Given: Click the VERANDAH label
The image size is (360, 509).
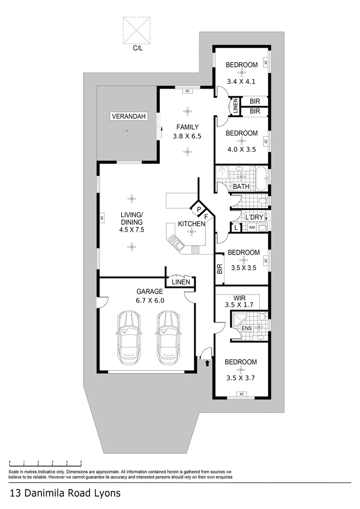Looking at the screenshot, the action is pos(129,116).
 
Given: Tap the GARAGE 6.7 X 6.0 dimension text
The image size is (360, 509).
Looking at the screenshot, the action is pos(150,301).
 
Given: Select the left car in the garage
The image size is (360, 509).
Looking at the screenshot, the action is pos(129,337).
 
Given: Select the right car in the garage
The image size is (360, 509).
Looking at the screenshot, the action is pos(167,337).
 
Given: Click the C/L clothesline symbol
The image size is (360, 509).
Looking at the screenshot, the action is pos(137,31).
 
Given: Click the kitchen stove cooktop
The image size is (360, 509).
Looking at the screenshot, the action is pos(196,249).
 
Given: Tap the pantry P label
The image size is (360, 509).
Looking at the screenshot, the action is pos(199,209).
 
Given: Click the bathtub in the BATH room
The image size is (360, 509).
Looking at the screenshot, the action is pos(262,178).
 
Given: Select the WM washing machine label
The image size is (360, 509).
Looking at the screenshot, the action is pos(252,228).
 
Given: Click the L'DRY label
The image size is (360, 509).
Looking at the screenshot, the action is pos(254,217).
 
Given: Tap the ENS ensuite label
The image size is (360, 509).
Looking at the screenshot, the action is pos(247,328).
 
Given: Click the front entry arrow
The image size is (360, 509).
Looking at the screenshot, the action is pos(207,362).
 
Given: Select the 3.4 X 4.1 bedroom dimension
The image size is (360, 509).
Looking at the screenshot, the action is pos(241,82).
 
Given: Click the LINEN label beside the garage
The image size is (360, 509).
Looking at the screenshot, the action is pos(181,282).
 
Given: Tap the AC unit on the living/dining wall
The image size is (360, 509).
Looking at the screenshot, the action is pos(101,217).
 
